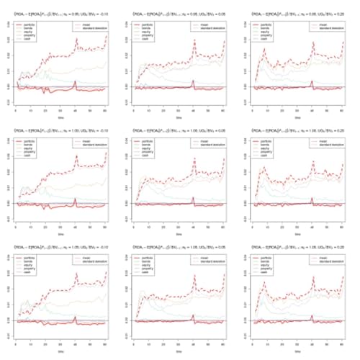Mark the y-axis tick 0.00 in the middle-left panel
[9, 203]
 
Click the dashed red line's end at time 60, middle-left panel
[106, 153]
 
